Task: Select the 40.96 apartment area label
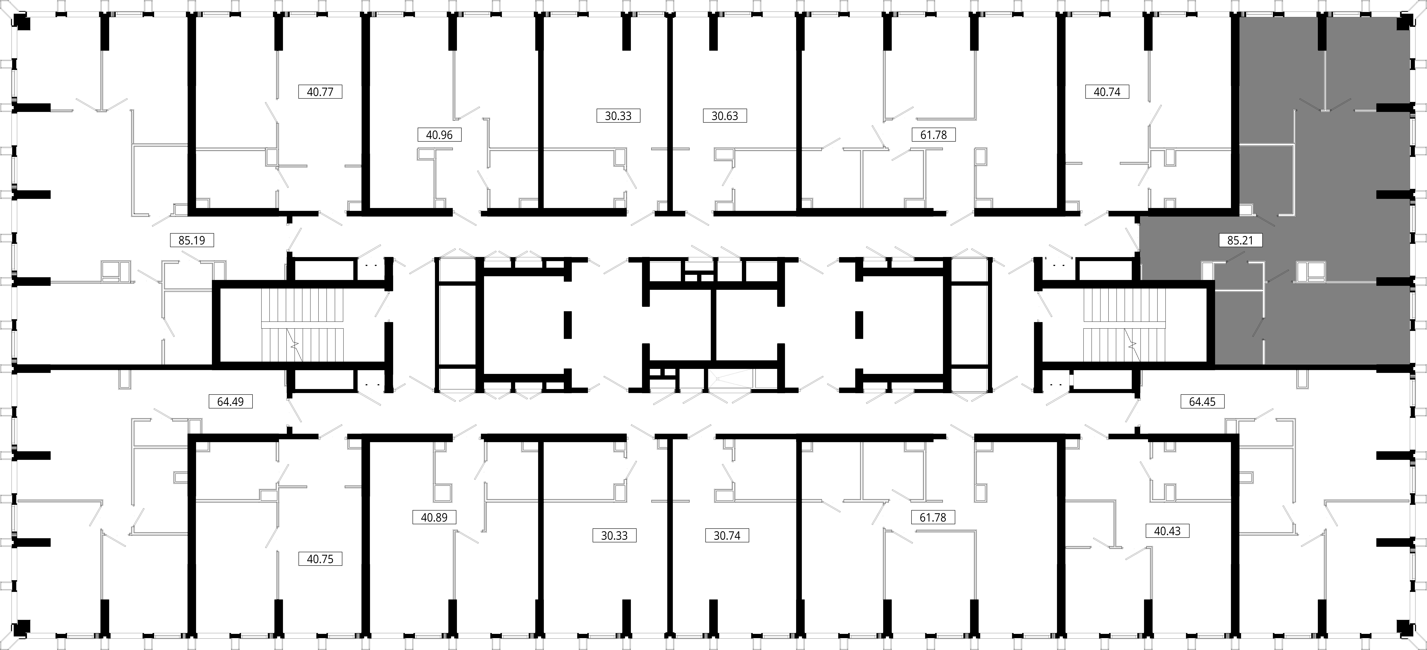[439, 135]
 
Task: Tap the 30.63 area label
[725, 116]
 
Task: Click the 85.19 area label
[192, 241]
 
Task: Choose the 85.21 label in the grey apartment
[1240, 241]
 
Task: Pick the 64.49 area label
[230, 401]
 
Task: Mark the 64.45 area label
[1202, 401]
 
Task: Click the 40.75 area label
[320, 559]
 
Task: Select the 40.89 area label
[434, 518]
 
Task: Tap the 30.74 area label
[727, 536]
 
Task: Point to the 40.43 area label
[1167, 531]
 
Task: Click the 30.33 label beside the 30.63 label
[618, 116]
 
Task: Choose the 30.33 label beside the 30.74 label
[614, 536]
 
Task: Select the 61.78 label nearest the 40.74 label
[933, 135]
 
